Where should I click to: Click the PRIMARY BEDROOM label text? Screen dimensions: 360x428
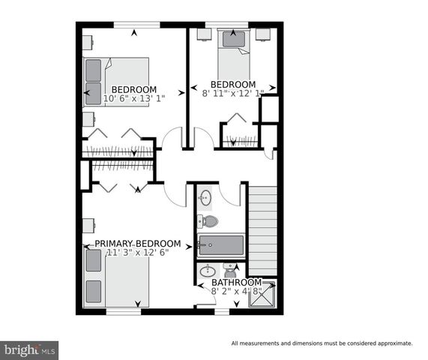pos(137,244)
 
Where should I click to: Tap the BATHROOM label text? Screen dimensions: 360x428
pos(236,282)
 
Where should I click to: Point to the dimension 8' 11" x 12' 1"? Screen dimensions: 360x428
pos(233,94)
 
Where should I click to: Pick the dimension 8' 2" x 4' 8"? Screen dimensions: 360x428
pos(236,291)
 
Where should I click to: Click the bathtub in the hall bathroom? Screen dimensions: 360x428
pos(220,245)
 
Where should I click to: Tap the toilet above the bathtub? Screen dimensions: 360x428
pos(208,221)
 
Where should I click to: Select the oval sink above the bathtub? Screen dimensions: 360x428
pos(206,199)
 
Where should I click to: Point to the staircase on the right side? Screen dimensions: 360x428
pos(262,229)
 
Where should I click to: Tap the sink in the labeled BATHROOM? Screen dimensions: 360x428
pos(209,271)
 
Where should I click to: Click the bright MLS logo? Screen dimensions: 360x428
pos(30,349)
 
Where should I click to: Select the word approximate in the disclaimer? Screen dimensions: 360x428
pos(393,343)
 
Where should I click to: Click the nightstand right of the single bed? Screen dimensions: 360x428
pos(262,34)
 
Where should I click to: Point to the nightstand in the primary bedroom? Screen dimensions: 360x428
pos(88,223)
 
